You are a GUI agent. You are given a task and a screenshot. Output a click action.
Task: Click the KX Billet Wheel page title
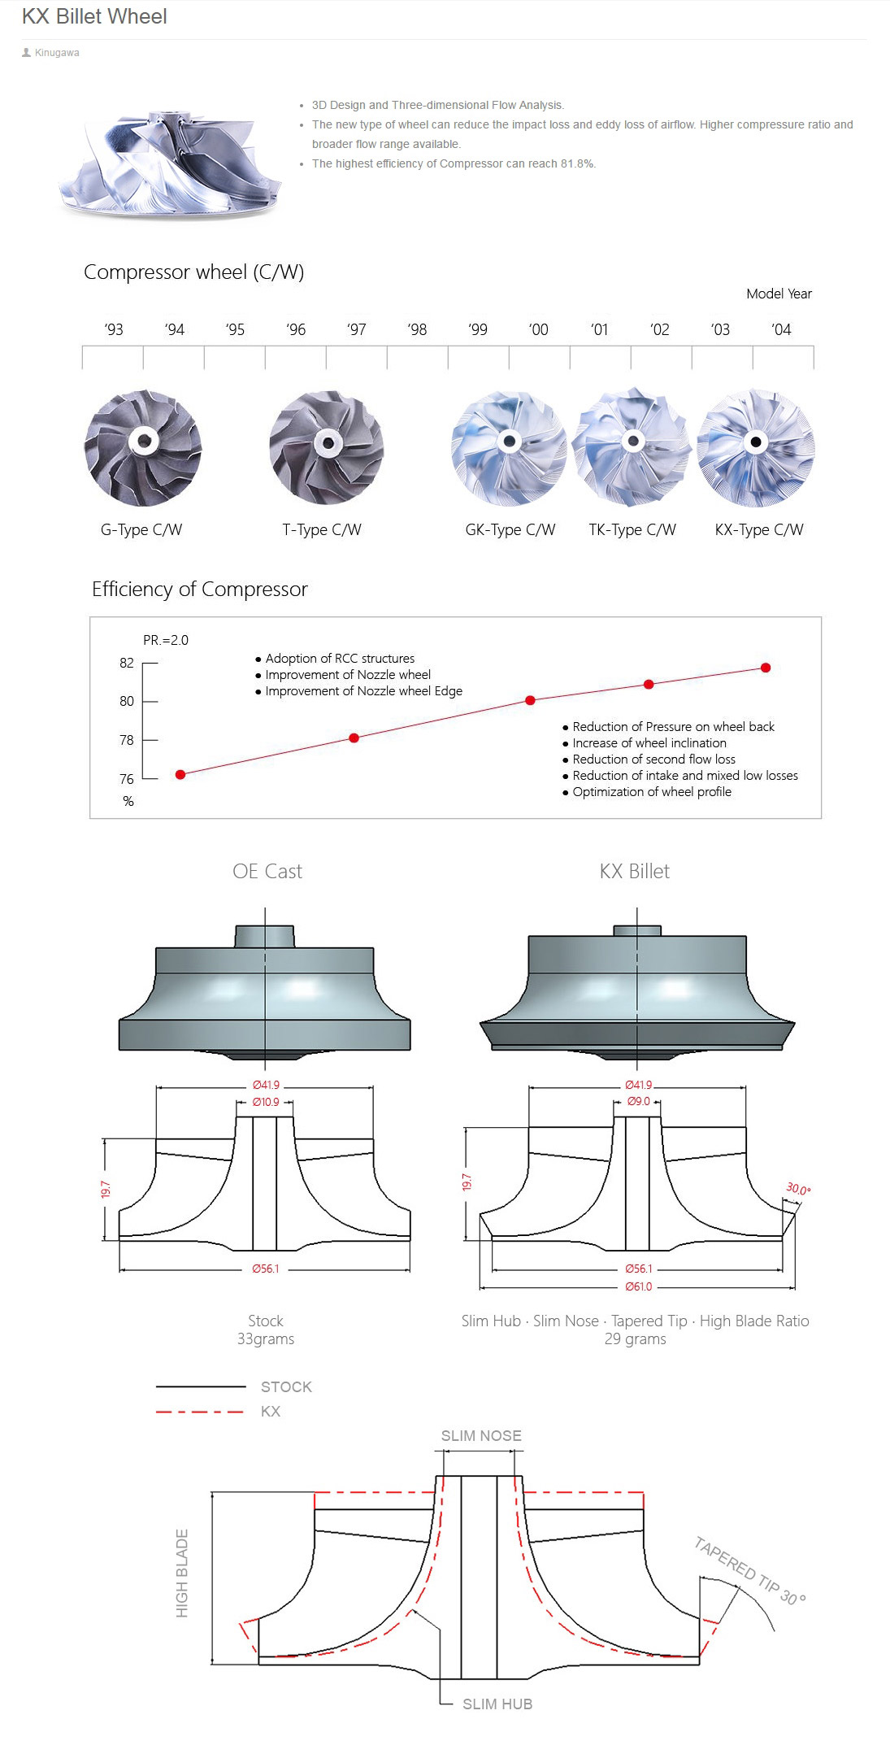point(94,16)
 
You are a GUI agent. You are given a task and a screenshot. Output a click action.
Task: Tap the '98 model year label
point(417,329)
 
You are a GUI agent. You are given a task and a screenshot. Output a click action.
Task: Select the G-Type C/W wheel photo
point(143,447)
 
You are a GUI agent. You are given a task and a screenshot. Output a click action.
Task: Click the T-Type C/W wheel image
point(327,447)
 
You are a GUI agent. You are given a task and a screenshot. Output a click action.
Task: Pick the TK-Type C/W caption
point(632,530)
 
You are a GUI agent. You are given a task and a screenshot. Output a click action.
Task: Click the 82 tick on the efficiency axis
point(127,663)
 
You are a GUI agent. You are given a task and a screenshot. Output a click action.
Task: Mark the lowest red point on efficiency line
point(180,774)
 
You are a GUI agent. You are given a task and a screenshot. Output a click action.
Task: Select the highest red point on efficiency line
point(766,668)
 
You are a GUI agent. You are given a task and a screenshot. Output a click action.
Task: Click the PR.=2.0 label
point(166,640)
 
